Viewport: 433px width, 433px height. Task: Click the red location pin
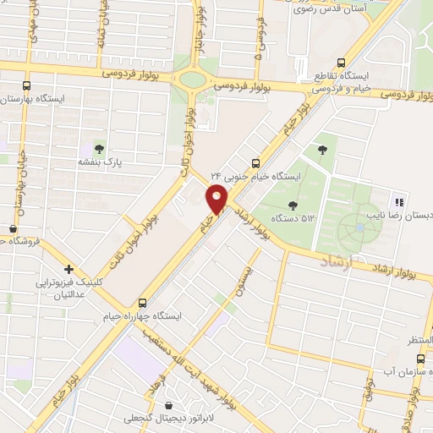216,200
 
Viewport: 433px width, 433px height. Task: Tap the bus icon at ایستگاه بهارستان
27,86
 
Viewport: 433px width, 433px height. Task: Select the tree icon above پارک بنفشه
100,149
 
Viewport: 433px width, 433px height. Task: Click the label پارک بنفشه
101,162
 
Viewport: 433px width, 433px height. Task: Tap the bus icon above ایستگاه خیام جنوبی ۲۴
256,163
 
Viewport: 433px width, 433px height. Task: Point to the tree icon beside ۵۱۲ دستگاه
293,205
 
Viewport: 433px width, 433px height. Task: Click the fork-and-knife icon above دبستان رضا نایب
397,201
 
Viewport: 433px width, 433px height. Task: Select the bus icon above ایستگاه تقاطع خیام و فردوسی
341,62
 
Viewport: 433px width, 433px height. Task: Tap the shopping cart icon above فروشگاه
13,228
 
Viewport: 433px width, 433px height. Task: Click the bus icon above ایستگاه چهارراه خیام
142,302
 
